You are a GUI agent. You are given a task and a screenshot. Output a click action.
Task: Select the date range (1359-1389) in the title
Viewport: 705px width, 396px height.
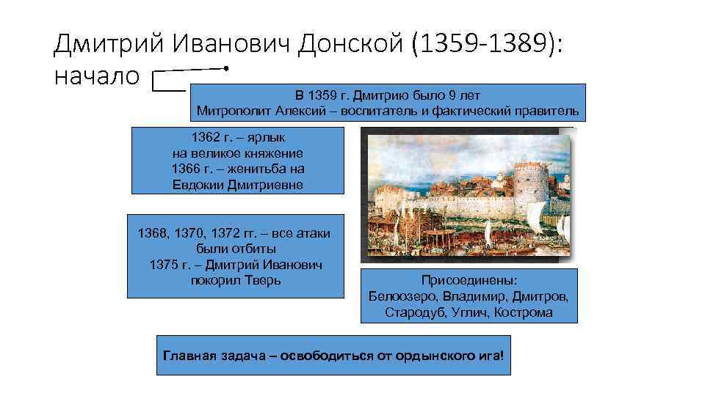coord(488,45)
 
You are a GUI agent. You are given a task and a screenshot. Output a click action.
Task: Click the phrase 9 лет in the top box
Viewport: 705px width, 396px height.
coord(464,96)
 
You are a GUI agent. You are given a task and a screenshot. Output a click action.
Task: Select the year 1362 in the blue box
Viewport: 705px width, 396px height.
coord(206,137)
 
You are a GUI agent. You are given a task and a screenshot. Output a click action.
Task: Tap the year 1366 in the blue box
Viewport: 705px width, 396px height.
coord(186,169)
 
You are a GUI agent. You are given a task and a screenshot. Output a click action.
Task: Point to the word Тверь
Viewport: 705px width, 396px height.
coord(261,280)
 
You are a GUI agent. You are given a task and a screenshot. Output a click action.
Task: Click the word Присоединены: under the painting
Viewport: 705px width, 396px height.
coord(469,281)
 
